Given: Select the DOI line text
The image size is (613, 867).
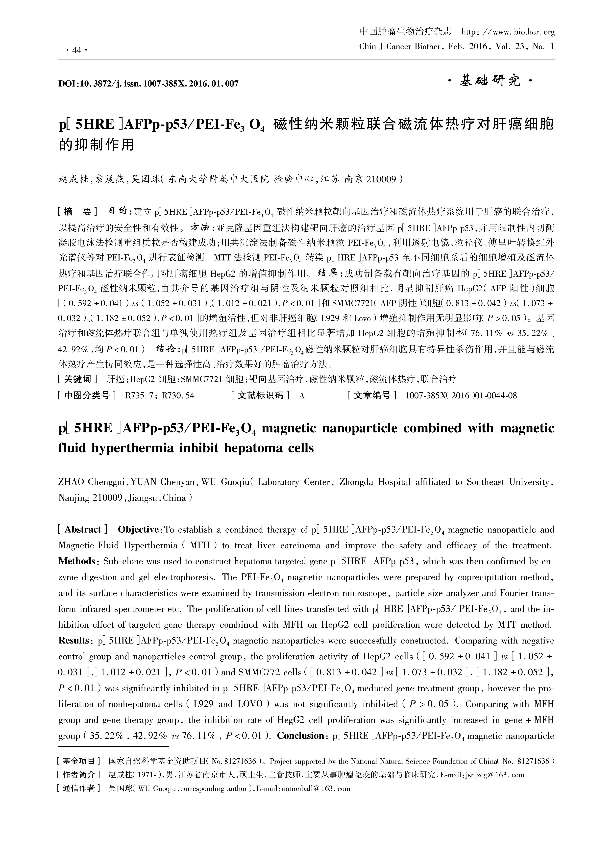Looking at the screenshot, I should pos(148,83).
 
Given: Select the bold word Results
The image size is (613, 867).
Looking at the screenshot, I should pos(74,641).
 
